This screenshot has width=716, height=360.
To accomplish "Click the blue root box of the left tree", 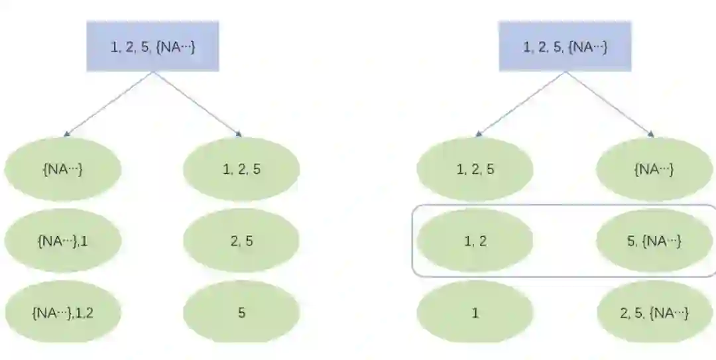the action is (x=152, y=46).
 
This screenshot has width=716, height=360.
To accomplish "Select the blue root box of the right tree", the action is (x=565, y=46).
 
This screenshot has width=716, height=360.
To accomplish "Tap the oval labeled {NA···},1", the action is (x=63, y=241).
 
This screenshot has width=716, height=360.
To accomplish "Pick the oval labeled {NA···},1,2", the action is (x=63, y=312).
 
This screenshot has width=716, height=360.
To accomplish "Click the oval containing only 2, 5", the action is (x=241, y=241).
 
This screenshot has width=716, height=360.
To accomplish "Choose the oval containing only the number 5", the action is (x=241, y=312).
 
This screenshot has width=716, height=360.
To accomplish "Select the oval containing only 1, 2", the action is (x=475, y=241).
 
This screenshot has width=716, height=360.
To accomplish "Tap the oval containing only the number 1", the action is (x=475, y=312).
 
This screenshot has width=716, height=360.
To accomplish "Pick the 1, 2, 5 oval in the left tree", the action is (x=241, y=169).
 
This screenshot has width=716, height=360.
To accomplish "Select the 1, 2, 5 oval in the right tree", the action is (x=475, y=169).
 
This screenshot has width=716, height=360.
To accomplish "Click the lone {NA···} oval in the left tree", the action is (x=63, y=169).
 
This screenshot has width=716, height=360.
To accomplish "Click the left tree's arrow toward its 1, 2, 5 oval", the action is (x=197, y=104).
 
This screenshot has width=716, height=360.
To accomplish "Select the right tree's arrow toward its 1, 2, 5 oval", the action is (x=520, y=104).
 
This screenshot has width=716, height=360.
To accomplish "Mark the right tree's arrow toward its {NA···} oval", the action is (x=609, y=104).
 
